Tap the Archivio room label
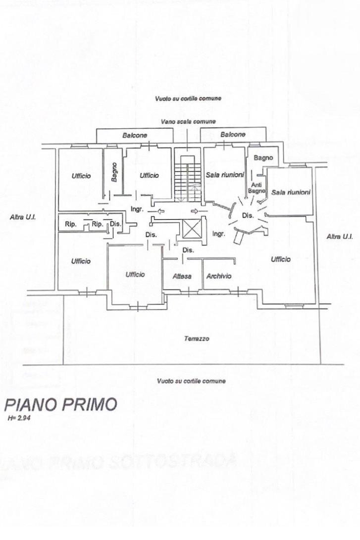218,276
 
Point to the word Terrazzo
197,339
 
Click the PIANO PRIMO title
60,404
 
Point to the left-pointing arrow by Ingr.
161,211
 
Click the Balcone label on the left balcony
135,135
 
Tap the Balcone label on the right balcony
233,135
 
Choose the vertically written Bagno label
114,172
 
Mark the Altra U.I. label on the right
340,237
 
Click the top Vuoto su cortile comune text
188,98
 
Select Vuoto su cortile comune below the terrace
191,381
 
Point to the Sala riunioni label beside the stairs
224,175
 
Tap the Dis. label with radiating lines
248,215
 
